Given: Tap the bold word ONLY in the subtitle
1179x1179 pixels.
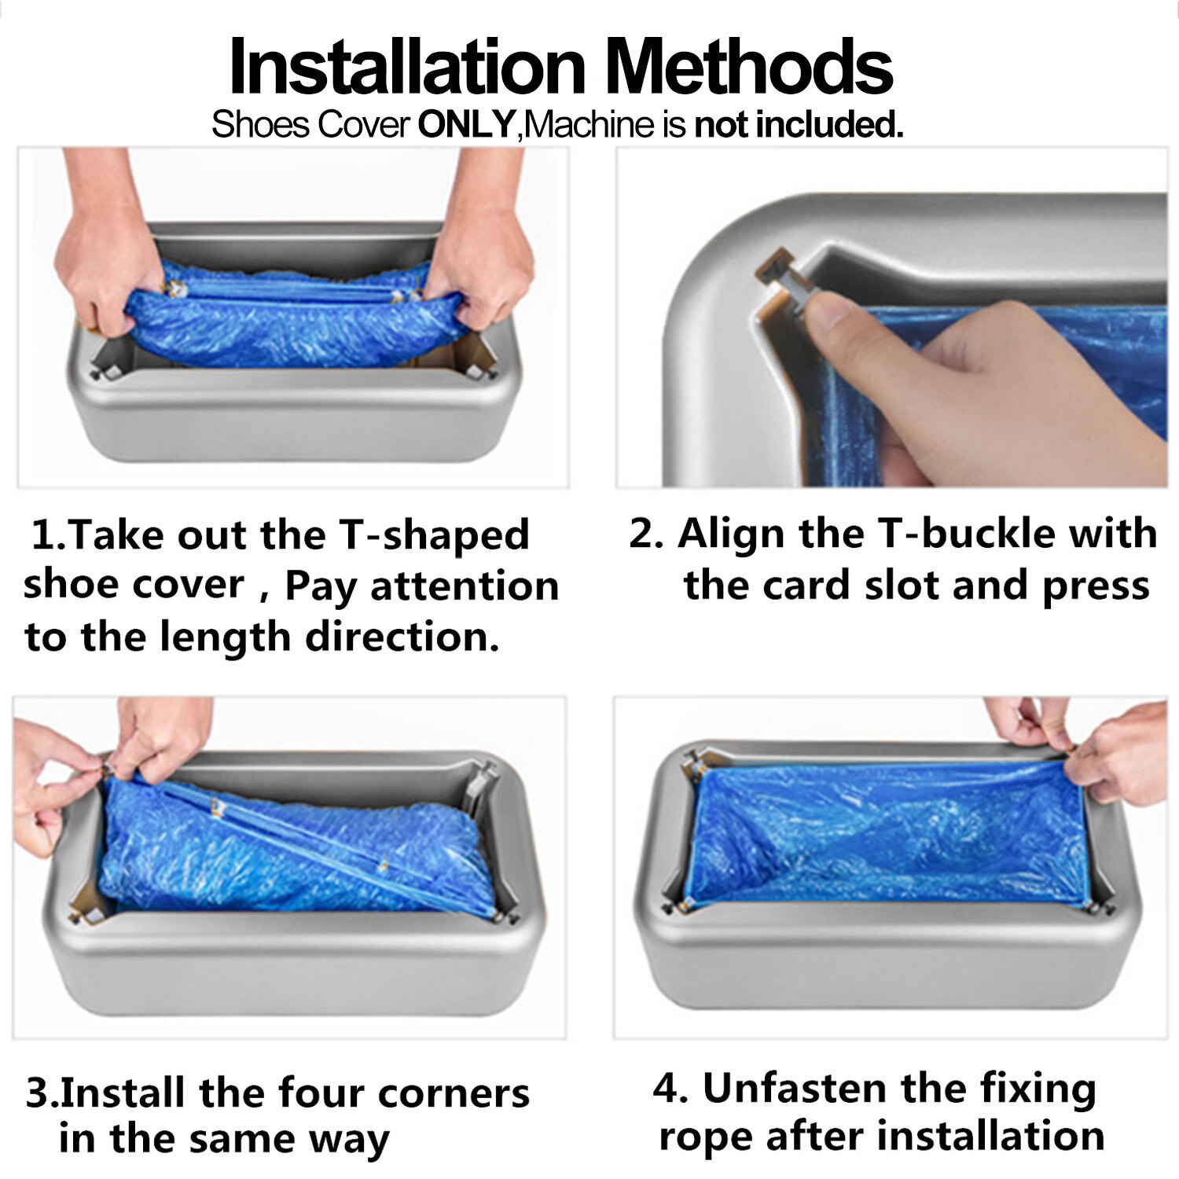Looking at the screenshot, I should click(x=466, y=125).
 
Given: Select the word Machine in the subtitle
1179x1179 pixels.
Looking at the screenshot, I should click(x=589, y=125).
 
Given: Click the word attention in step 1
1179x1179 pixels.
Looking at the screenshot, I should click(x=465, y=586).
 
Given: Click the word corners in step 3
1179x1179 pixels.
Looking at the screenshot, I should click(x=454, y=1093).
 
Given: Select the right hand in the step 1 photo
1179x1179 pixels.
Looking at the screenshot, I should click(x=479, y=252).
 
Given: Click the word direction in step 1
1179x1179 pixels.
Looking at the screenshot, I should click(x=402, y=637).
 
